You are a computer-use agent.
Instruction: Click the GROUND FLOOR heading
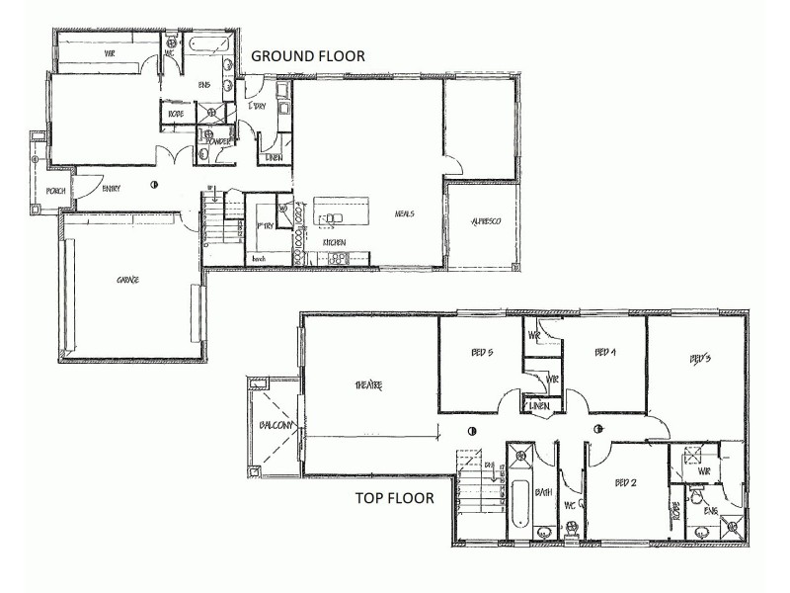point(308,56)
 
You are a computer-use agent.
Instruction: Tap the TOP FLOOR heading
point(394,498)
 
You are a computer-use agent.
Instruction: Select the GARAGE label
point(127,280)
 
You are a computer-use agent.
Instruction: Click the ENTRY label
point(111,189)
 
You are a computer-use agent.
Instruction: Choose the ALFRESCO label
point(484,222)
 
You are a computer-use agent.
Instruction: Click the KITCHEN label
point(334,241)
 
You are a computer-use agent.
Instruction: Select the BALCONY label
point(275,425)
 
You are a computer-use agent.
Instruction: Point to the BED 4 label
point(605,352)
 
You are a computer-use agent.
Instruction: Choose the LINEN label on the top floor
point(539,406)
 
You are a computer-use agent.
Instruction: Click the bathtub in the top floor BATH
point(520,504)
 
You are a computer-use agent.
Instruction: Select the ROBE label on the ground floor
point(176,114)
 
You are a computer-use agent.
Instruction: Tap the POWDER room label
point(217,142)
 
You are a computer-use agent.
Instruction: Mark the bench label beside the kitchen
point(260,259)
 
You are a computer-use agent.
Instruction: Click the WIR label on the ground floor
point(111,54)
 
